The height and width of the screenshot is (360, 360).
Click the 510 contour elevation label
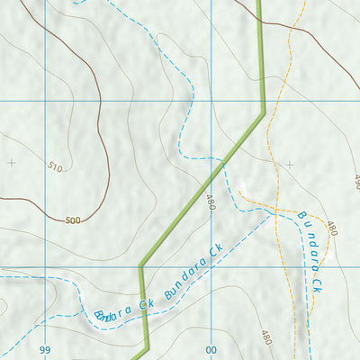(56, 166)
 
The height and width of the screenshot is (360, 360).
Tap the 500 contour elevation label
(73, 220)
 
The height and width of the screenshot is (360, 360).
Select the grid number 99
(45, 349)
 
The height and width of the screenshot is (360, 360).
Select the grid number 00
(212, 349)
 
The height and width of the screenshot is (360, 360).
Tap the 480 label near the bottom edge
(265, 337)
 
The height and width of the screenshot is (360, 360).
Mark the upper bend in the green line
(263, 112)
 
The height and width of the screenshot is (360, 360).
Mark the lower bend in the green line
(140, 265)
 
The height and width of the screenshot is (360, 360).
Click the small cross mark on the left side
(11, 163)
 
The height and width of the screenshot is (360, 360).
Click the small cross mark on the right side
(290, 164)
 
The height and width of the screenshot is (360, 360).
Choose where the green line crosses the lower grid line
(141, 270)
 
